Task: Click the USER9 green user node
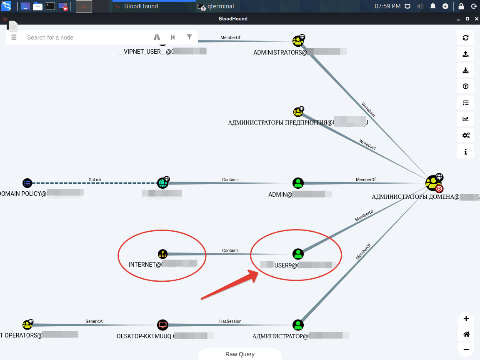click(x=297, y=254)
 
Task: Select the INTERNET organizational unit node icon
click(x=162, y=254)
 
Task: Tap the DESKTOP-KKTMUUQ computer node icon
click(x=162, y=325)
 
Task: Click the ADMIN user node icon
click(x=297, y=183)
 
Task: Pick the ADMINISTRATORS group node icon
click(x=297, y=41)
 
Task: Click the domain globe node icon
click(x=162, y=183)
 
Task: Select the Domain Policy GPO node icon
click(x=27, y=183)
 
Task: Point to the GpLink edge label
click(x=95, y=180)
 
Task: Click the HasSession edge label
click(x=230, y=321)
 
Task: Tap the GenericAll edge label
click(x=95, y=321)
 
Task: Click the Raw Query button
click(x=240, y=354)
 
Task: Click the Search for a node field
click(x=83, y=37)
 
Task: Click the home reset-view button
click(x=466, y=334)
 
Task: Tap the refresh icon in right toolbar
click(x=465, y=38)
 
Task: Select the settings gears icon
click(x=465, y=135)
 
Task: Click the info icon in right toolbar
click(x=465, y=152)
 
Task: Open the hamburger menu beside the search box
click(x=14, y=37)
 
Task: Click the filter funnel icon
click(x=189, y=37)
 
